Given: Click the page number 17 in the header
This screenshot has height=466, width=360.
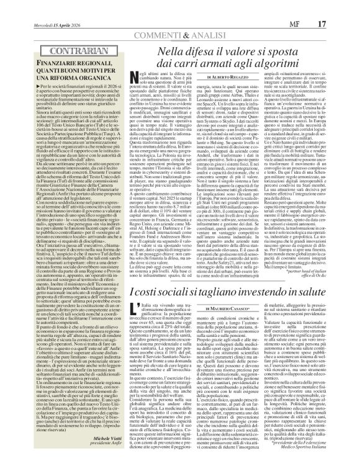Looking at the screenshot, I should (340, 7).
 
